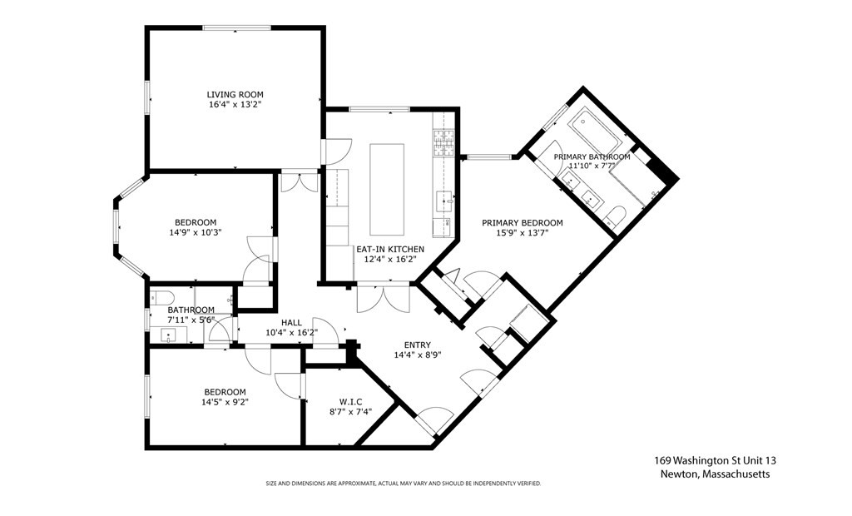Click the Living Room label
point(235,95)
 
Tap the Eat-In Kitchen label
point(390,249)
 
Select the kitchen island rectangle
point(387,189)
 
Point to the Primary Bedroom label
point(523,222)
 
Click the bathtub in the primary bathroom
point(595,131)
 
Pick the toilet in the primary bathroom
point(614,216)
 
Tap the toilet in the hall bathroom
point(162,297)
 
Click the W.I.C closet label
point(351,402)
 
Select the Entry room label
point(418,345)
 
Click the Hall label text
point(291,322)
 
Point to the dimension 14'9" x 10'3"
point(196,232)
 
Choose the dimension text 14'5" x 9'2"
point(225,402)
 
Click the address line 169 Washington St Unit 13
point(715,460)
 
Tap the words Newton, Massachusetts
point(715,474)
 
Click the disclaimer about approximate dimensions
point(404,484)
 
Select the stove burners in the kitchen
point(443,143)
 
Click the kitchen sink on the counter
point(444,201)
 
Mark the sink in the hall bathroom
point(169,335)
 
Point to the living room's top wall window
point(236,27)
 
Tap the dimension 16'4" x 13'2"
point(235,104)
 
